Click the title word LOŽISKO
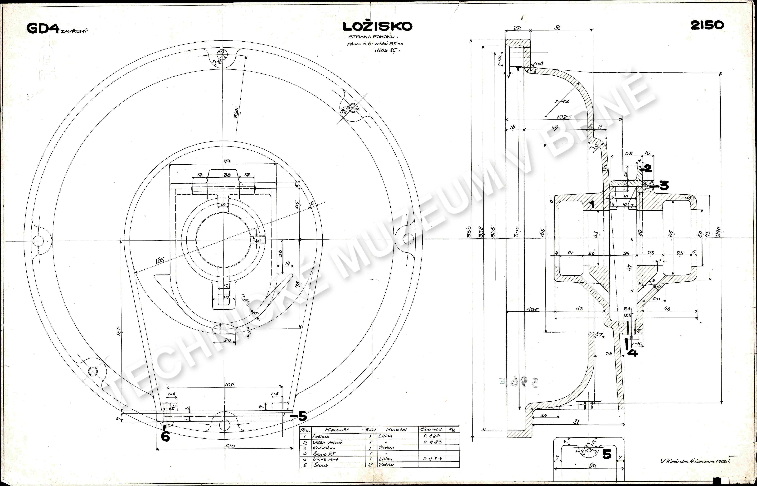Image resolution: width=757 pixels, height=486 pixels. click(378, 26)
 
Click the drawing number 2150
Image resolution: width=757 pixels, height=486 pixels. click(707, 25)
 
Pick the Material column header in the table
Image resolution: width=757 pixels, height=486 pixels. click(396, 430)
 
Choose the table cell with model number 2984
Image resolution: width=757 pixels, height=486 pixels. click(432, 459)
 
